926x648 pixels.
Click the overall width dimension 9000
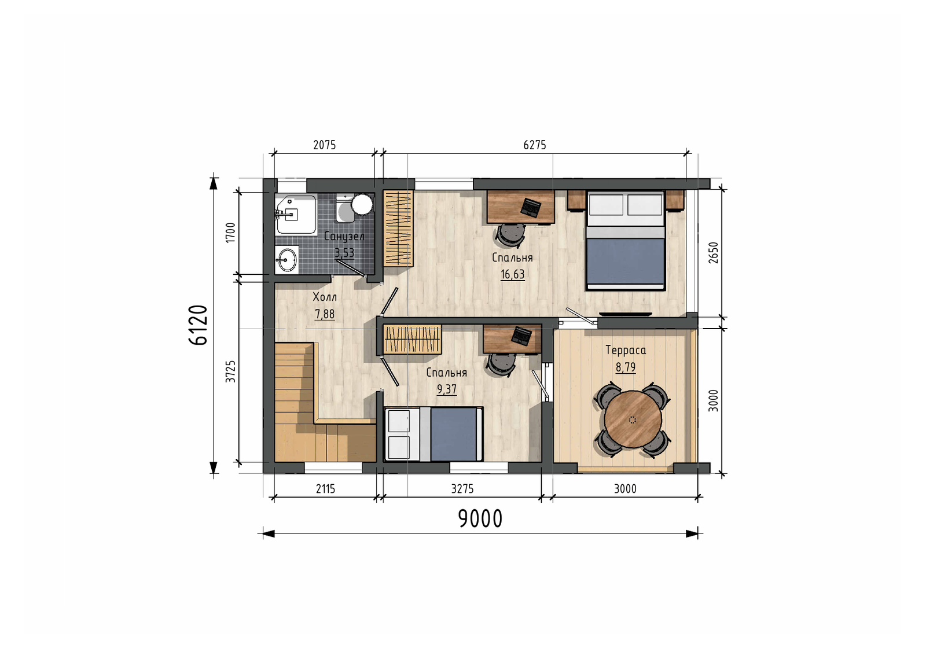click(x=480, y=518)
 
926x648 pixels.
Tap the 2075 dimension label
click(x=325, y=145)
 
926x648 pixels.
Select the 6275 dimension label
click(x=535, y=145)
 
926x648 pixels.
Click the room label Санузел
click(x=344, y=237)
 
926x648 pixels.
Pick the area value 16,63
click(x=513, y=274)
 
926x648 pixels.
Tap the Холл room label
click(x=325, y=297)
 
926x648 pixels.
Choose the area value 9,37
click(x=446, y=389)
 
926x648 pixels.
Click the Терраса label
click(x=626, y=350)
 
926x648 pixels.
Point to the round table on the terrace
click(x=633, y=419)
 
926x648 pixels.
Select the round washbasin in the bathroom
click(x=287, y=260)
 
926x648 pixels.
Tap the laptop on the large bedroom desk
click(x=530, y=207)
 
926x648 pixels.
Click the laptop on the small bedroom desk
click(x=521, y=336)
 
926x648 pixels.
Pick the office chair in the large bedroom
click(x=510, y=235)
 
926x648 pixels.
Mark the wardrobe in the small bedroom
click(x=412, y=339)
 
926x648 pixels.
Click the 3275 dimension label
click(x=462, y=489)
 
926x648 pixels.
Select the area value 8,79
click(x=626, y=367)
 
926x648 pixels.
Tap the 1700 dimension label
click(x=231, y=232)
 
